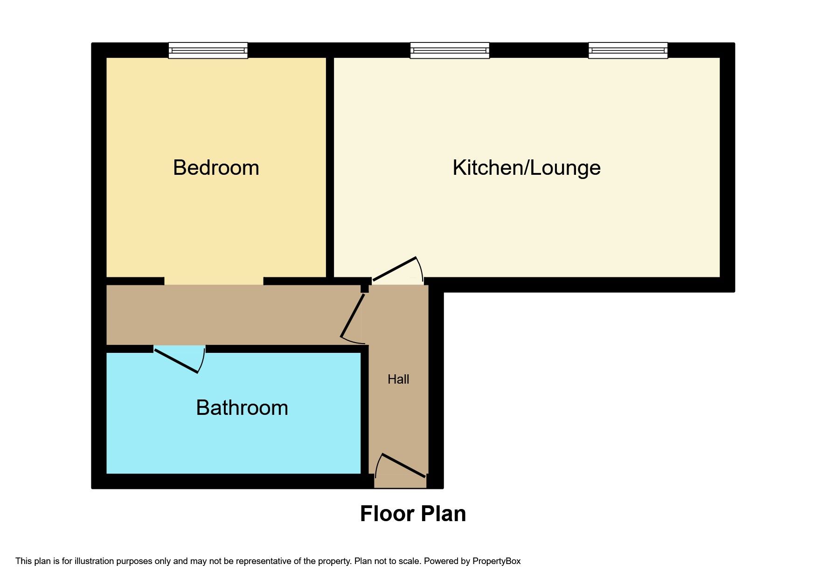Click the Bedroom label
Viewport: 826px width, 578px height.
coord(216,168)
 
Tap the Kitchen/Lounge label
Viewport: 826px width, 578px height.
coord(527,168)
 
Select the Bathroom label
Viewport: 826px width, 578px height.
coord(242,408)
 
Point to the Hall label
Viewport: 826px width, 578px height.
coord(398,379)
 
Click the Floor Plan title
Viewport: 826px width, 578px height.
coord(413,514)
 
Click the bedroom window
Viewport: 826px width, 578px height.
coord(208,50)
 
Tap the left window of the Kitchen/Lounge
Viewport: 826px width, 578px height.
coord(450,50)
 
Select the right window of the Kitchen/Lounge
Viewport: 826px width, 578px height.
coord(628,50)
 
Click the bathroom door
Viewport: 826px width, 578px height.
coord(177,360)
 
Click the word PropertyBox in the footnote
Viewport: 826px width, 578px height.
coord(496,561)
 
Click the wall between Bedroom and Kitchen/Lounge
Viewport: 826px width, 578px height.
coord(330,167)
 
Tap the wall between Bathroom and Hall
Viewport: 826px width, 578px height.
coord(365,410)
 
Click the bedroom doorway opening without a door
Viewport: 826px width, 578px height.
coord(214,281)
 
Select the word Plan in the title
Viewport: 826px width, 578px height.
coord(443,514)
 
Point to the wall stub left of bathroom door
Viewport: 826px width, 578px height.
coord(130,349)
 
